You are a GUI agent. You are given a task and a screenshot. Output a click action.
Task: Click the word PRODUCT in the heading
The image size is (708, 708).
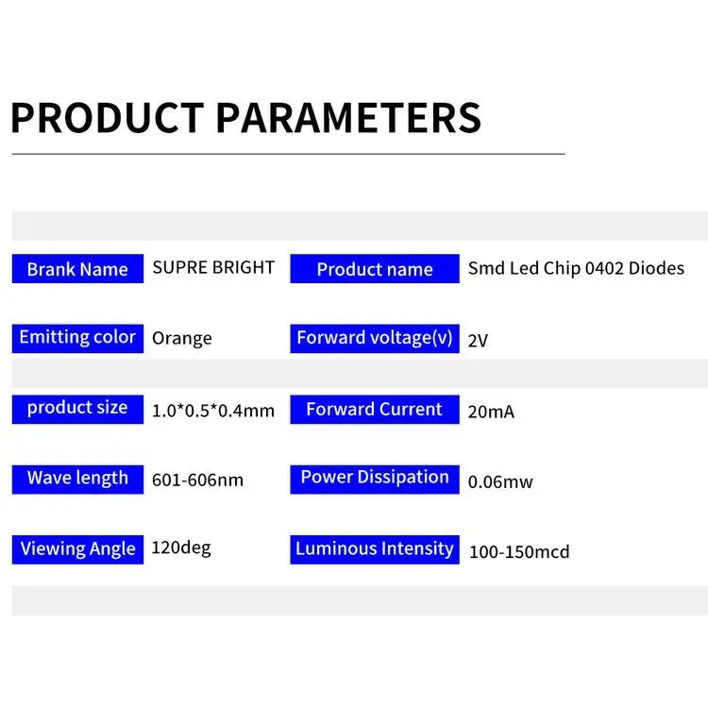[x=107, y=118]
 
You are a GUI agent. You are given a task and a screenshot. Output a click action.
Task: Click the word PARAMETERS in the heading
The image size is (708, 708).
[x=348, y=118]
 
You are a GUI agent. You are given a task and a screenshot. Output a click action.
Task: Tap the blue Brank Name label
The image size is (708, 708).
[x=77, y=269]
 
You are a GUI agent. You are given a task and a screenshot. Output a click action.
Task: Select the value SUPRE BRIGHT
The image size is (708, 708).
[x=213, y=267]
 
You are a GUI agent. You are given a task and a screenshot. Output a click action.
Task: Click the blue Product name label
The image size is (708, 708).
[x=375, y=269]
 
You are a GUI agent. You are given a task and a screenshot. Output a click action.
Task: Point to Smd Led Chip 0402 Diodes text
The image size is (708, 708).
[x=576, y=268]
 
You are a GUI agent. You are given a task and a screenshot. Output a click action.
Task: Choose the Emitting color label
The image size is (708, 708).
[x=77, y=337]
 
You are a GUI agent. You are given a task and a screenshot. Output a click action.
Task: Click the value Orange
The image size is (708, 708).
[x=182, y=338]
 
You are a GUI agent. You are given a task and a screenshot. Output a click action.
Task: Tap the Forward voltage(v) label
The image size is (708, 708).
[x=375, y=337]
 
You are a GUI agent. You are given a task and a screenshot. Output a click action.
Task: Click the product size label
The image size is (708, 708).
[x=77, y=408]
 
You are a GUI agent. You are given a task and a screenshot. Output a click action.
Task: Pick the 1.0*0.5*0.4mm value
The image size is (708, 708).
[x=213, y=411]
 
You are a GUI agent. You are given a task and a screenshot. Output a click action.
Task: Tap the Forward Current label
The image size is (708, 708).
[x=375, y=409]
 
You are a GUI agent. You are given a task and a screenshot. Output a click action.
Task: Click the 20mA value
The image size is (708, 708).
[x=491, y=412]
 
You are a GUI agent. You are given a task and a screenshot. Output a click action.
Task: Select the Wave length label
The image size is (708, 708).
[x=77, y=478]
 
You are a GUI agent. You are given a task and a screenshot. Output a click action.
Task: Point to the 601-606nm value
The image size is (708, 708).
[x=197, y=480]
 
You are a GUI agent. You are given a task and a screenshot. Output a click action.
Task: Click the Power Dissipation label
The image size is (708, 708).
[x=375, y=477]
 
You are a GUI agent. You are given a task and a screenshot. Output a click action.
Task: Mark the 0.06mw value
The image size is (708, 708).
[x=500, y=482]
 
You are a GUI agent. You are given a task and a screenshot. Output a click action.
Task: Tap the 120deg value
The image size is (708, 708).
[x=181, y=548]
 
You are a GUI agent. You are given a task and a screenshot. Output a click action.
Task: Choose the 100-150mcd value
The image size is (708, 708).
[x=519, y=552]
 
